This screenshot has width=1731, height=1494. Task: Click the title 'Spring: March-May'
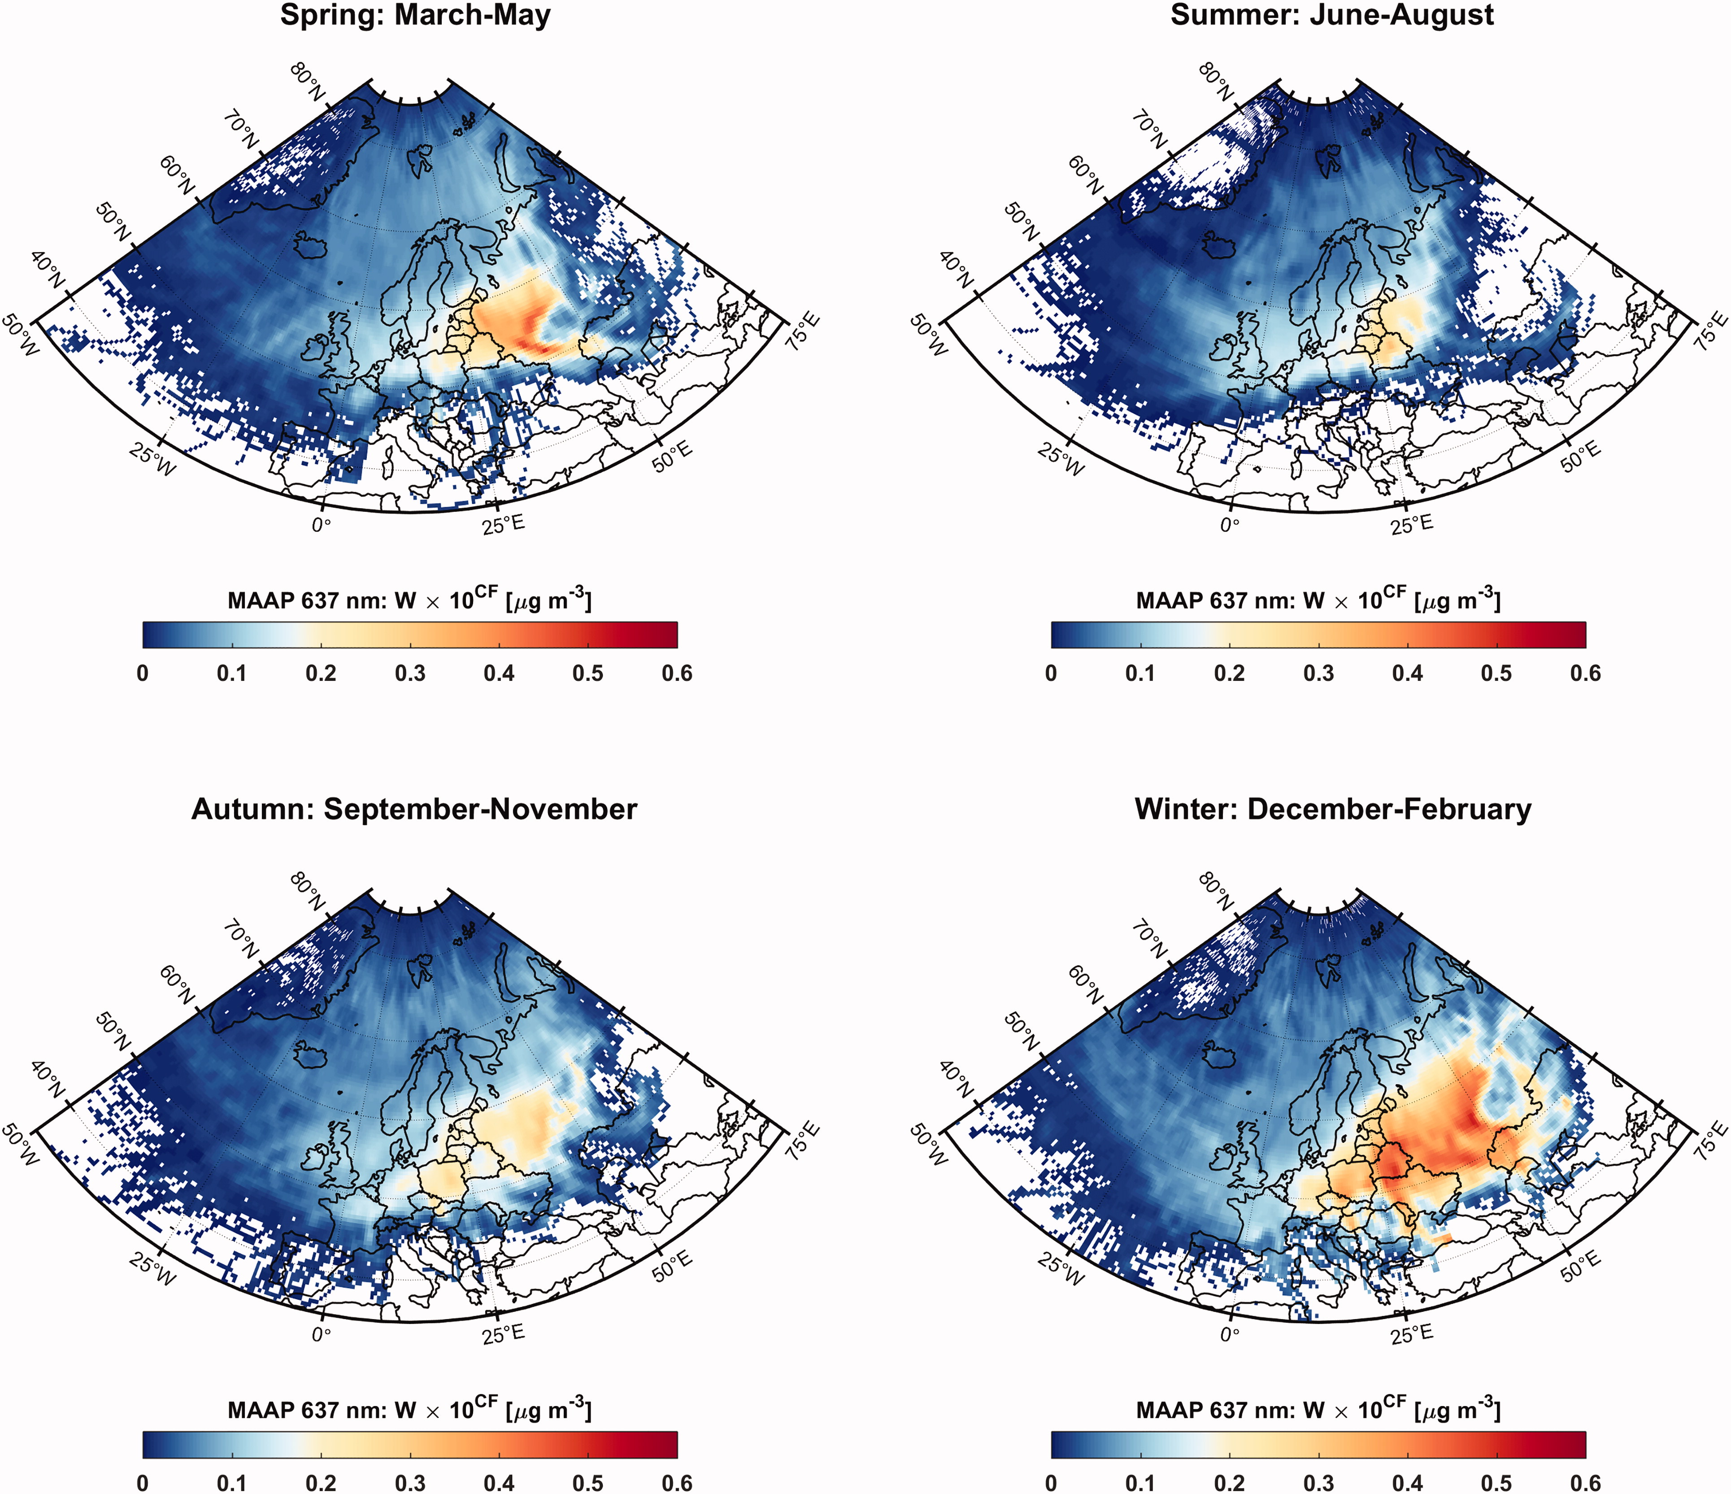[x=415, y=16]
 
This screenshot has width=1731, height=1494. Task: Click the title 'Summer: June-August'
[x=1332, y=16]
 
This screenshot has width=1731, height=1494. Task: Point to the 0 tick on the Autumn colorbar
[x=143, y=1483]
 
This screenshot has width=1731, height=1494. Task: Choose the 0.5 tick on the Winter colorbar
[x=1496, y=1483]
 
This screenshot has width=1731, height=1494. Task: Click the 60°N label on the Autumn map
[x=175, y=984]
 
